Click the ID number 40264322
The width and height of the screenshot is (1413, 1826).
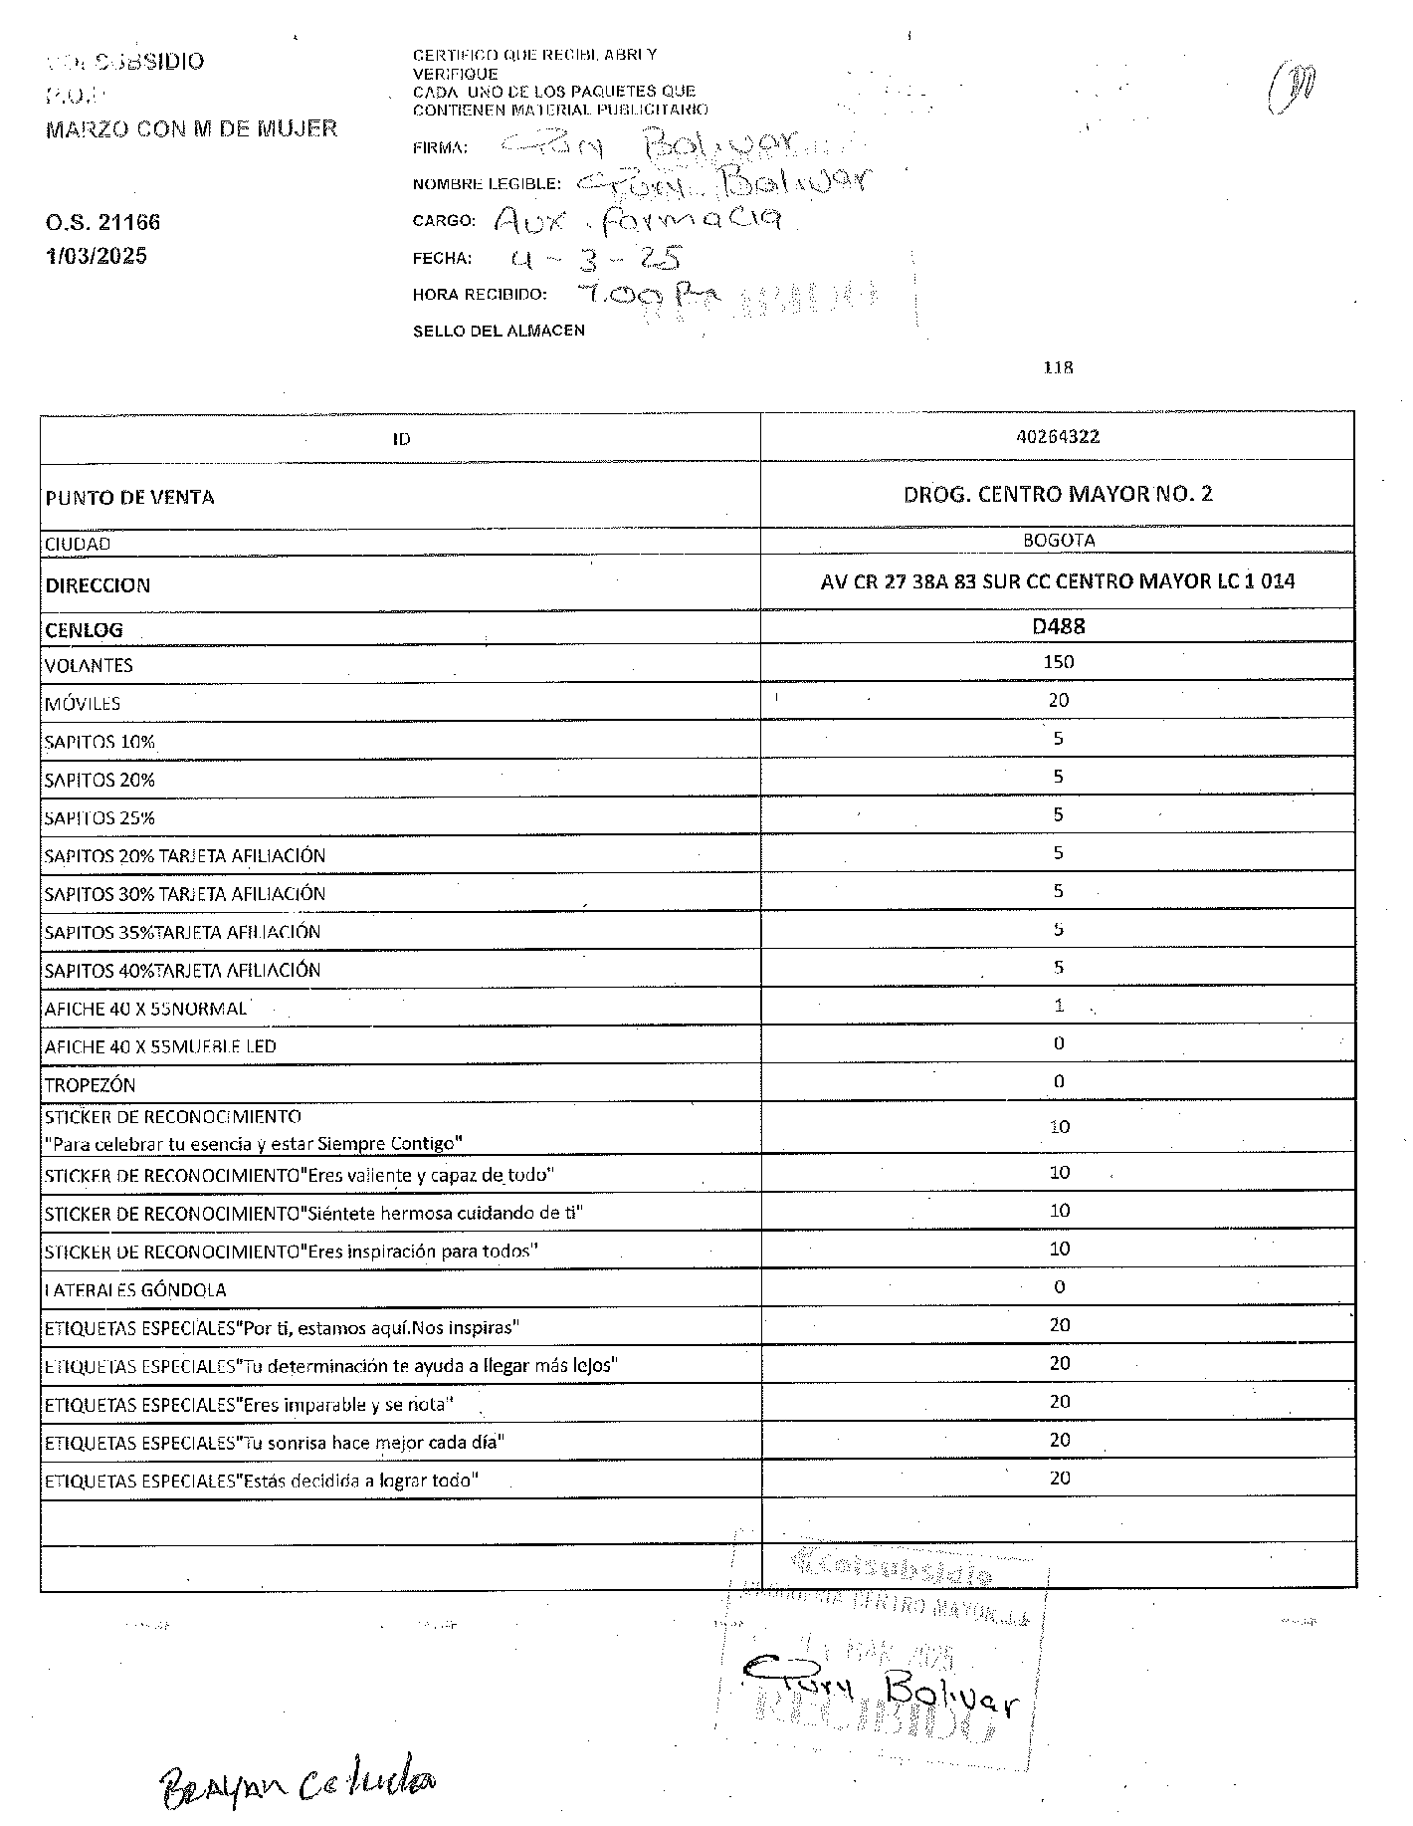(1058, 436)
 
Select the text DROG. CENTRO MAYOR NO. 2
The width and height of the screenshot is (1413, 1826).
(1058, 494)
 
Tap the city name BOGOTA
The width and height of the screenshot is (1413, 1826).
(1059, 541)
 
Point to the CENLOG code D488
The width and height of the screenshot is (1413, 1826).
(1058, 626)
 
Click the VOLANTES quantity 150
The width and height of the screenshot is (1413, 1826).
(1058, 662)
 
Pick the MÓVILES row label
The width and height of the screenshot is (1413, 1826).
(83, 703)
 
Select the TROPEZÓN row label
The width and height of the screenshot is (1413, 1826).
(90, 1084)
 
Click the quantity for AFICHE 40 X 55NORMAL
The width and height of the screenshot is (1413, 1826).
(1059, 1006)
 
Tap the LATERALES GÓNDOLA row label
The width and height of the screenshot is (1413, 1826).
(135, 1289)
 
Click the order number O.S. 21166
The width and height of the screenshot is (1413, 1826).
(102, 222)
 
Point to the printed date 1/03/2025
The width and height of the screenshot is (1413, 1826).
(97, 256)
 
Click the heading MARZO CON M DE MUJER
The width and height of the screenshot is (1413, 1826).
(192, 128)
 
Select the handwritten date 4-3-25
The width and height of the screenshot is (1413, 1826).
(594, 260)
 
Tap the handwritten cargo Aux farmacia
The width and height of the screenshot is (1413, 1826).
(637, 219)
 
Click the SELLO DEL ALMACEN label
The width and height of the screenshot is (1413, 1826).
(499, 331)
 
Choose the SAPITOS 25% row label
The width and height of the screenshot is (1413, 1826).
(100, 818)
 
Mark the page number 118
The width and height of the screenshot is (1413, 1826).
(1058, 367)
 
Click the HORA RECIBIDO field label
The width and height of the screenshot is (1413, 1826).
(480, 295)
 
